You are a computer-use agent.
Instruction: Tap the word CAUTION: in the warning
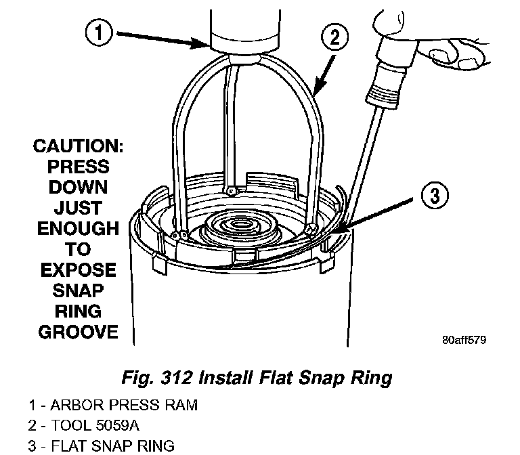tap(79, 147)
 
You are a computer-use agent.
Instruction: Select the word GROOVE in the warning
tap(79, 332)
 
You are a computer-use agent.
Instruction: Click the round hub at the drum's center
tap(241, 227)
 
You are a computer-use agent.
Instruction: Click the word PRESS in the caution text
tap(79, 167)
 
